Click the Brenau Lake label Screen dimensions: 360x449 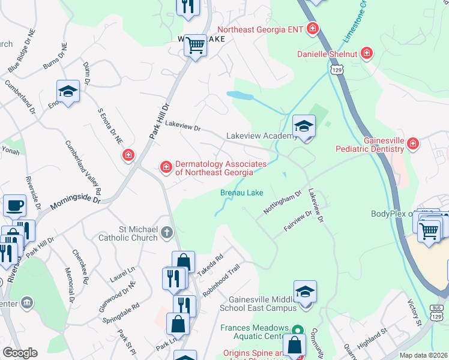pyautogui.click(x=241, y=193)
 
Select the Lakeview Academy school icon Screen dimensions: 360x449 pyautogui.click(x=304, y=127)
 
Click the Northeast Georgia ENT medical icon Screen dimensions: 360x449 pyautogui.click(x=312, y=28)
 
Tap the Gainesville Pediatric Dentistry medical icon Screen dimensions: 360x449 pyautogui.click(x=412, y=143)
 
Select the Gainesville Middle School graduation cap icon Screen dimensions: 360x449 pyautogui.click(x=305, y=292)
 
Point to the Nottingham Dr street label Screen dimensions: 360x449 pyautogui.click(x=282, y=203)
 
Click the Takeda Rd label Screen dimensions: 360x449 pyautogui.click(x=211, y=265)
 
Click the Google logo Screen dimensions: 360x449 pyautogui.click(x=20, y=353)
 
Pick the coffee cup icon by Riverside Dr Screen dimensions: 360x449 pyautogui.click(x=14, y=205)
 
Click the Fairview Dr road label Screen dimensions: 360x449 pyautogui.click(x=298, y=221)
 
